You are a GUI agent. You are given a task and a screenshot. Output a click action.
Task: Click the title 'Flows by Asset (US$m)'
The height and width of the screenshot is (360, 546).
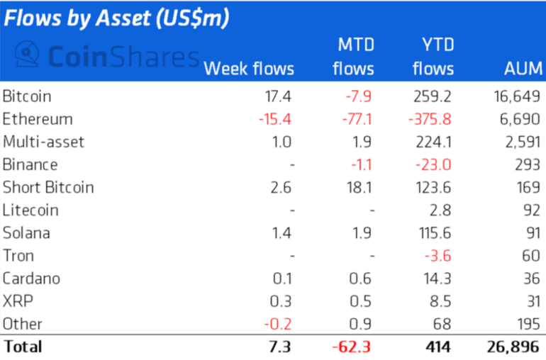pyautogui.click(x=117, y=18)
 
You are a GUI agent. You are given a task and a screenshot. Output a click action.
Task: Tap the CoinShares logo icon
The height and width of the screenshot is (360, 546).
pyautogui.click(x=27, y=54)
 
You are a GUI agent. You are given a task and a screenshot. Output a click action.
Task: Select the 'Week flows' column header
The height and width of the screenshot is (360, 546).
pyautogui.click(x=248, y=69)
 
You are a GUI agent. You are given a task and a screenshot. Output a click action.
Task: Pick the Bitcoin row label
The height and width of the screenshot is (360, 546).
pyautogui.click(x=27, y=96)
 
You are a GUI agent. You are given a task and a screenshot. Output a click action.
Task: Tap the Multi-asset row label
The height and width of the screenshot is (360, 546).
pyautogui.click(x=43, y=142)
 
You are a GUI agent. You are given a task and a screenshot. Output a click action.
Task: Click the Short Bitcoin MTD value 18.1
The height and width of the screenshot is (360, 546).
pyautogui.click(x=360, y=187)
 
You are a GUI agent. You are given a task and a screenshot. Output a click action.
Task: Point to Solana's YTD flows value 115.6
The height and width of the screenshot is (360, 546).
pyautogui.click(x=434, y=232)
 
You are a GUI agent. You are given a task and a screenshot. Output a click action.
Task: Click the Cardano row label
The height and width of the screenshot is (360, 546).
pyautogui.click(x=31, y=278)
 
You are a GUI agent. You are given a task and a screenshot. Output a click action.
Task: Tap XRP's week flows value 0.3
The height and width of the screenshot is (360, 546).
pyautogui.click(x=282, y=300)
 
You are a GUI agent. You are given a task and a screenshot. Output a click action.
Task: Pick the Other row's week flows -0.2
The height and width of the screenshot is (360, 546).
pyautogui.click(x=279, y=323)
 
